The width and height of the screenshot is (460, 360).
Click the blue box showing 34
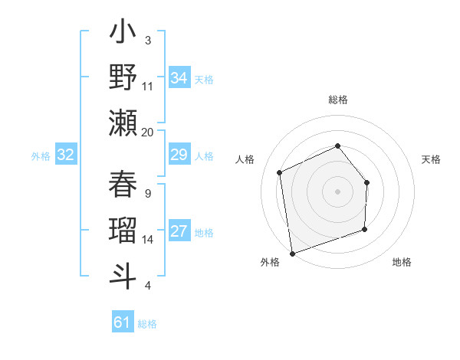tap(179, 78)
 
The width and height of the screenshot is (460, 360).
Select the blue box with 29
tap(179, 155)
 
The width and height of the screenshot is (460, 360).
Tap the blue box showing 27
tap(179, 232)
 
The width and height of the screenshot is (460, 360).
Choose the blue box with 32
tap(66, 155)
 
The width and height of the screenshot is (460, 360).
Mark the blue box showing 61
tap(123, 323)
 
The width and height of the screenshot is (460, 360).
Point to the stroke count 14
tap(148, 240)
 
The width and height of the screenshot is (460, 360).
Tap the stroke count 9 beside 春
tap(148, 193)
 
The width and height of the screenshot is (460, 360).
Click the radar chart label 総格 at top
tap(338, 100)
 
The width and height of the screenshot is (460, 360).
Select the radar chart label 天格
tap(431, 159)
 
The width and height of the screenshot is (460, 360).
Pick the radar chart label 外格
tap(270, 262)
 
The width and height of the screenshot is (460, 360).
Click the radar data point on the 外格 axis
tap(292, 253)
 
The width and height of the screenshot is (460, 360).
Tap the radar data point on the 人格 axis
tap(281, 172)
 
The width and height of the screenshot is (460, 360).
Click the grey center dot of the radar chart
tap(338, 191)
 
